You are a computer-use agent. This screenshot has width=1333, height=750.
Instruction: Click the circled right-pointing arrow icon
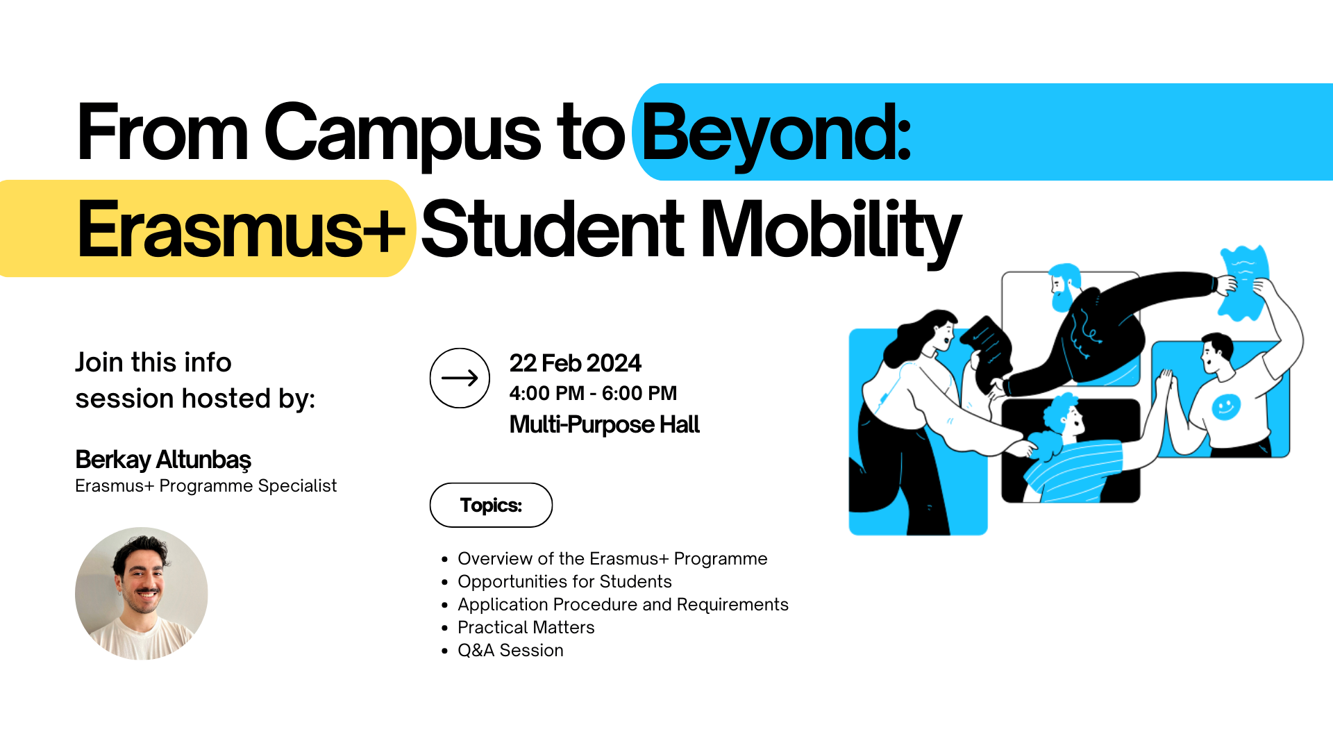tap(460, 378)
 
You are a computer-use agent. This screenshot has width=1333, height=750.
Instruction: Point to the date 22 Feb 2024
tap(575, 362)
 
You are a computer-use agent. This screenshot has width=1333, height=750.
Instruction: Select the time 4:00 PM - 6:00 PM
tap(593, 393)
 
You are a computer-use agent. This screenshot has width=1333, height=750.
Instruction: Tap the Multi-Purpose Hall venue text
tap(604, 424)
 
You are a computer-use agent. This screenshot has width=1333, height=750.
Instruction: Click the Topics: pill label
tap(491, 505)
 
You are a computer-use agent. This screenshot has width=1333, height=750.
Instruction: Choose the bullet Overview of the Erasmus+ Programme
tap(612, 558)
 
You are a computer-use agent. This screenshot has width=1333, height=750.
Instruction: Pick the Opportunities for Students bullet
tap(564, 581)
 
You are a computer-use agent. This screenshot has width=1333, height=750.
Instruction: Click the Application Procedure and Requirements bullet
tap(623, 604)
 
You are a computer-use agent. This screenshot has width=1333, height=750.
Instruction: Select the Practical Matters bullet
tap(526, 627)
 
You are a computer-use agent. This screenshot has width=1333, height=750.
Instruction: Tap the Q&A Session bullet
tap(510, 650)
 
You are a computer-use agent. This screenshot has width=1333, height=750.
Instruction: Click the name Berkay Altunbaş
tap(163, 459)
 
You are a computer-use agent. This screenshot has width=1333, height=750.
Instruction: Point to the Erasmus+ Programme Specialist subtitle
tap(206, 485)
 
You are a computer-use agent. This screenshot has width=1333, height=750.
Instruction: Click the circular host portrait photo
tap(142, 593)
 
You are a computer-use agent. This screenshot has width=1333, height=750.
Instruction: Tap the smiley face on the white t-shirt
tap(1225, 406)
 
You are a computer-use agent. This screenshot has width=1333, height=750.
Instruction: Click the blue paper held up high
tap(1244, 281)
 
